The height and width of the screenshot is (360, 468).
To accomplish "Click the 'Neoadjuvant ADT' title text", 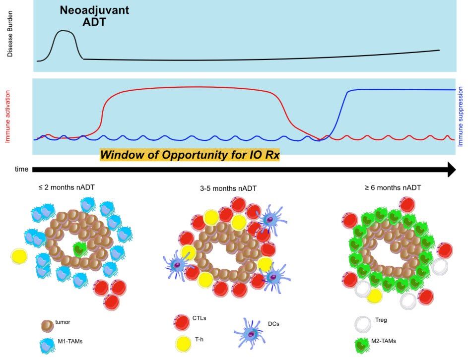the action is pos(94,16).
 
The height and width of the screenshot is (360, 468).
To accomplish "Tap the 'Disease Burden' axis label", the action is pos(10,34).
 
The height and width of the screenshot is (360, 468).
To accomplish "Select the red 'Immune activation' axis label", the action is pos(8,117).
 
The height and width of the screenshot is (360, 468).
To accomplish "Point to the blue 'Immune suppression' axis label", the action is pos(460,117).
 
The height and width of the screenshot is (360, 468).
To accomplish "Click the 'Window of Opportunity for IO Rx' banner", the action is pos(190,155).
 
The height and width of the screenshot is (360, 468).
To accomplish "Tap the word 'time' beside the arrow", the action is pos(21,169).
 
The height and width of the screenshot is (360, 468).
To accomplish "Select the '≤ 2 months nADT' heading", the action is pos(67,187).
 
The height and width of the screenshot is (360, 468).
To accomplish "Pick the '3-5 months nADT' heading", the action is pos(228,188).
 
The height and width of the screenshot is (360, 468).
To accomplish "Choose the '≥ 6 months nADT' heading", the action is pos(393,187).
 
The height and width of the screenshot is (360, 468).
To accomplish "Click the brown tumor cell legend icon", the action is pos(48,326).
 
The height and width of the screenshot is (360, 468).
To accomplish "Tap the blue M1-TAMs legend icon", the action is pos(47,346).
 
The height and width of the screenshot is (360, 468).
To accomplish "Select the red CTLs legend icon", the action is pos(182,322).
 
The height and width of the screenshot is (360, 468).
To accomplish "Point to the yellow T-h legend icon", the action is pos(183,344).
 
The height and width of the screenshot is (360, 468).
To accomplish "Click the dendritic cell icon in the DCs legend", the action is pos(249,333).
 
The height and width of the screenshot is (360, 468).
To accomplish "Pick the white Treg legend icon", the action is pos(363,324).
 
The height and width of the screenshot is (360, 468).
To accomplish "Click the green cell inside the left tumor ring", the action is pos(80,249).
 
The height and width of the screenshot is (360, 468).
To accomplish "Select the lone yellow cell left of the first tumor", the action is pos(19,256).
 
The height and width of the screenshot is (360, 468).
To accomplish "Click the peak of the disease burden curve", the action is pos(63,30).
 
